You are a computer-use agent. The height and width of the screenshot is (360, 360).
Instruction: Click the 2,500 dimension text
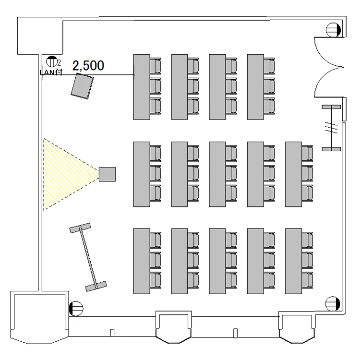point(88,66)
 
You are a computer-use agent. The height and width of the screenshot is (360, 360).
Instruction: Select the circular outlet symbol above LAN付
point(51,61)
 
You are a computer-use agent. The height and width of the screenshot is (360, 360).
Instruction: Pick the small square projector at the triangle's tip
point(107,174)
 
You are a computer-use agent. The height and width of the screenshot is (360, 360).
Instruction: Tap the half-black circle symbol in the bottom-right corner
point(332,303)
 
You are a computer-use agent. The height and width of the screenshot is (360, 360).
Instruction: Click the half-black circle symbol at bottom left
point(75,307)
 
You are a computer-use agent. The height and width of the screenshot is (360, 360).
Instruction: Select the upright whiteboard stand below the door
point(331,128)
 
